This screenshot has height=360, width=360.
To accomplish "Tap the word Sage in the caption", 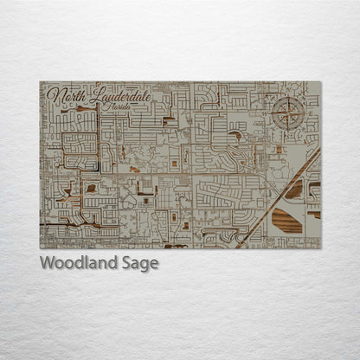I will click(x=141, y=264).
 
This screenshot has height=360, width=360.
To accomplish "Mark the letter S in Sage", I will click(x=129, y=263).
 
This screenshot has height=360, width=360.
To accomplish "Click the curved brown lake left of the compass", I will click(x=235, y=136).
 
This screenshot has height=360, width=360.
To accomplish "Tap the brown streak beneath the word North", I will click(x=65, y=109).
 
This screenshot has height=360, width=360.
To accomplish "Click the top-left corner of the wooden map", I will click(x=40, y=82).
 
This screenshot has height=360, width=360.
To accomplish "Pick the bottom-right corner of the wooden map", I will click(x=320, y=248).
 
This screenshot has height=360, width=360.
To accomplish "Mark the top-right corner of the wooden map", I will click(x=320, y=82).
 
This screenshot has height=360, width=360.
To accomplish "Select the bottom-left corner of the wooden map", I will click(x=40, y=248).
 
